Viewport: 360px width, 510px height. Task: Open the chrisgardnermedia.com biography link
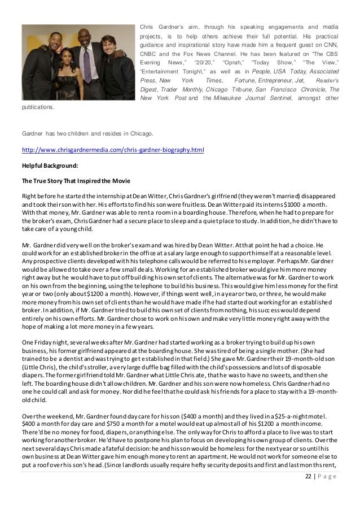coord(112,151)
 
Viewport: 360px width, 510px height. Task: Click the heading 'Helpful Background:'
coord(50,165)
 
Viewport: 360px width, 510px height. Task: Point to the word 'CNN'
coord(330,48)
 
